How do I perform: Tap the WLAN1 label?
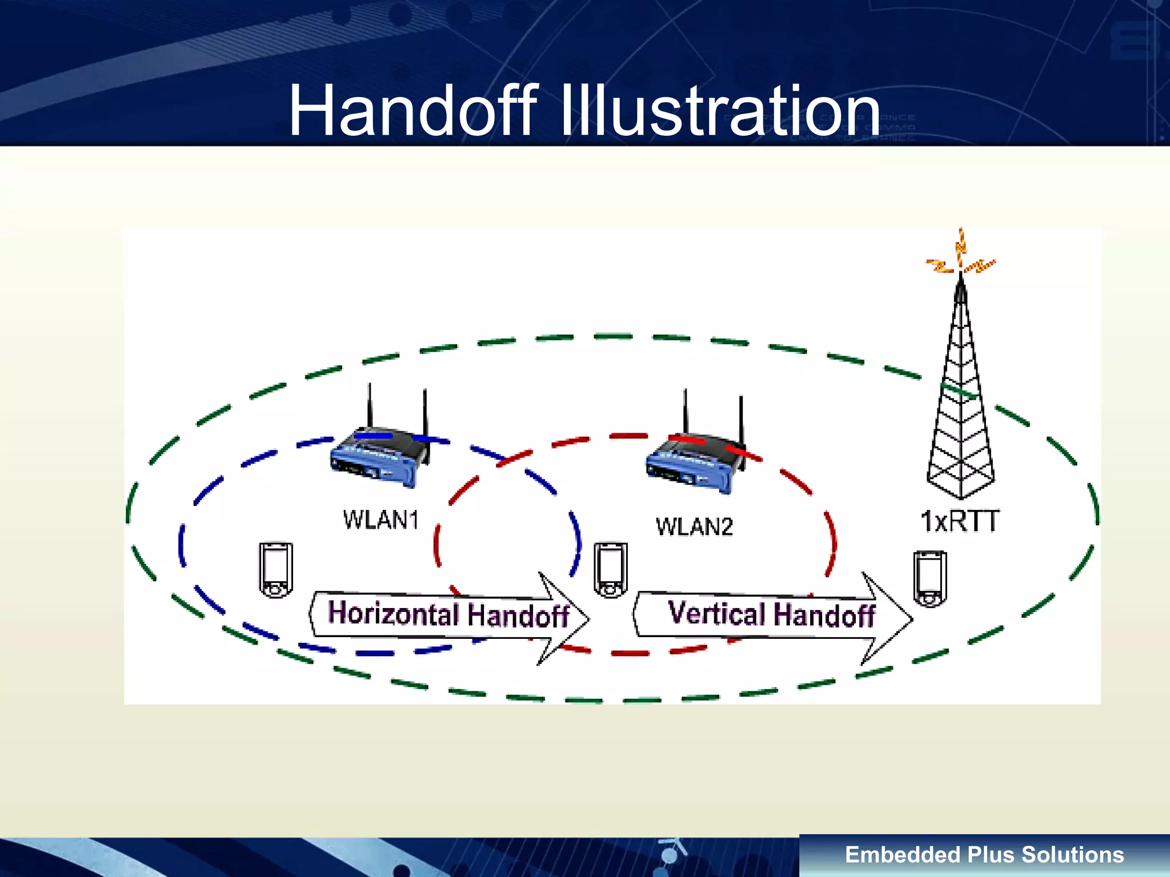tap(380, 520)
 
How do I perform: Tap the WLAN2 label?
tap(694, 526)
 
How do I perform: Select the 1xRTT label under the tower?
tap(960, 521)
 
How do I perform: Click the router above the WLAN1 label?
tap(378, 457)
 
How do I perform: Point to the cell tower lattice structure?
tap(961, 411)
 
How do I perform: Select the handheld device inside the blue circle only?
tap(276, 570)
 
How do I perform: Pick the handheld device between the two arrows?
tap(610, 570)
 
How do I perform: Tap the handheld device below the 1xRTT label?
tap(929, 578)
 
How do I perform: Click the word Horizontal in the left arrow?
tap(393, 613)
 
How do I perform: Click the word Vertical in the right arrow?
tap(716, 613)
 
